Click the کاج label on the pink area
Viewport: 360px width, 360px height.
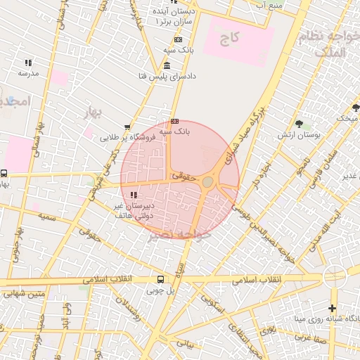click(231, 38)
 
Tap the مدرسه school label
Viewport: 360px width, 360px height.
click(28, 73)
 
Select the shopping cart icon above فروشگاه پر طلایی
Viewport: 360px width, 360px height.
click(126, 127)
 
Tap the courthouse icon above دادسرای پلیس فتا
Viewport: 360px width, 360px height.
click(166, 66)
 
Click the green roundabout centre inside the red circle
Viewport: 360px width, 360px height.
click(208, 182)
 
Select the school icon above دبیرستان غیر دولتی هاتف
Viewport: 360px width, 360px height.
click(133, 195)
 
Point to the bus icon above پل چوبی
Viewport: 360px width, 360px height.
click(161, 279)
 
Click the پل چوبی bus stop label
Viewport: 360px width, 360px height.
click(160, 289)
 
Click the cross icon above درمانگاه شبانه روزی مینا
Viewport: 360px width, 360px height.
click(332, 308)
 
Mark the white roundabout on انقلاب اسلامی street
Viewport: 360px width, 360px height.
click(335, 274)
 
